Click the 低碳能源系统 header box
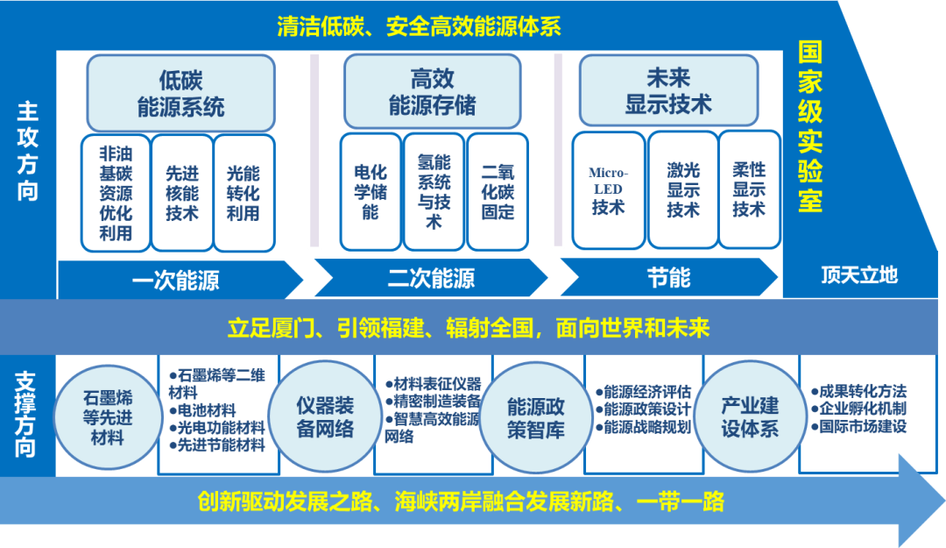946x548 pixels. (x=180, y=93)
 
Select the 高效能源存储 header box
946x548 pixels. (x=431, y=91)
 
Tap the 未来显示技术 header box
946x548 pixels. (x=667, y=90)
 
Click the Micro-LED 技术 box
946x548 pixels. (x=608, y=189)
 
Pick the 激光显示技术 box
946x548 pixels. (x=683, y=189)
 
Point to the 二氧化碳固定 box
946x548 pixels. (x=498, y=189)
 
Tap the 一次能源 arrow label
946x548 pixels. (x=175, y=280)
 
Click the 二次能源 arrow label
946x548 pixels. (x=431, y=279)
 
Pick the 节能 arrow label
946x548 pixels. (x=668, y=279)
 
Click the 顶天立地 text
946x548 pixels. (x=859, y=275)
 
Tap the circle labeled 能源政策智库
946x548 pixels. (x=536, y=417)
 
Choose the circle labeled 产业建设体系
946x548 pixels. (x=749, y=416)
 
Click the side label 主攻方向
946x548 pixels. (x=28, y=151)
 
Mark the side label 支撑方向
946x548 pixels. (x=26, y=415)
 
